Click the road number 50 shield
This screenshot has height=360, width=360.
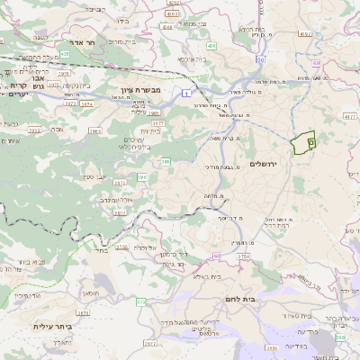(316, 62)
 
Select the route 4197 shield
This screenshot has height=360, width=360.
(305, 34)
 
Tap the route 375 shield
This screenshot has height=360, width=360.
(140, 302)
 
